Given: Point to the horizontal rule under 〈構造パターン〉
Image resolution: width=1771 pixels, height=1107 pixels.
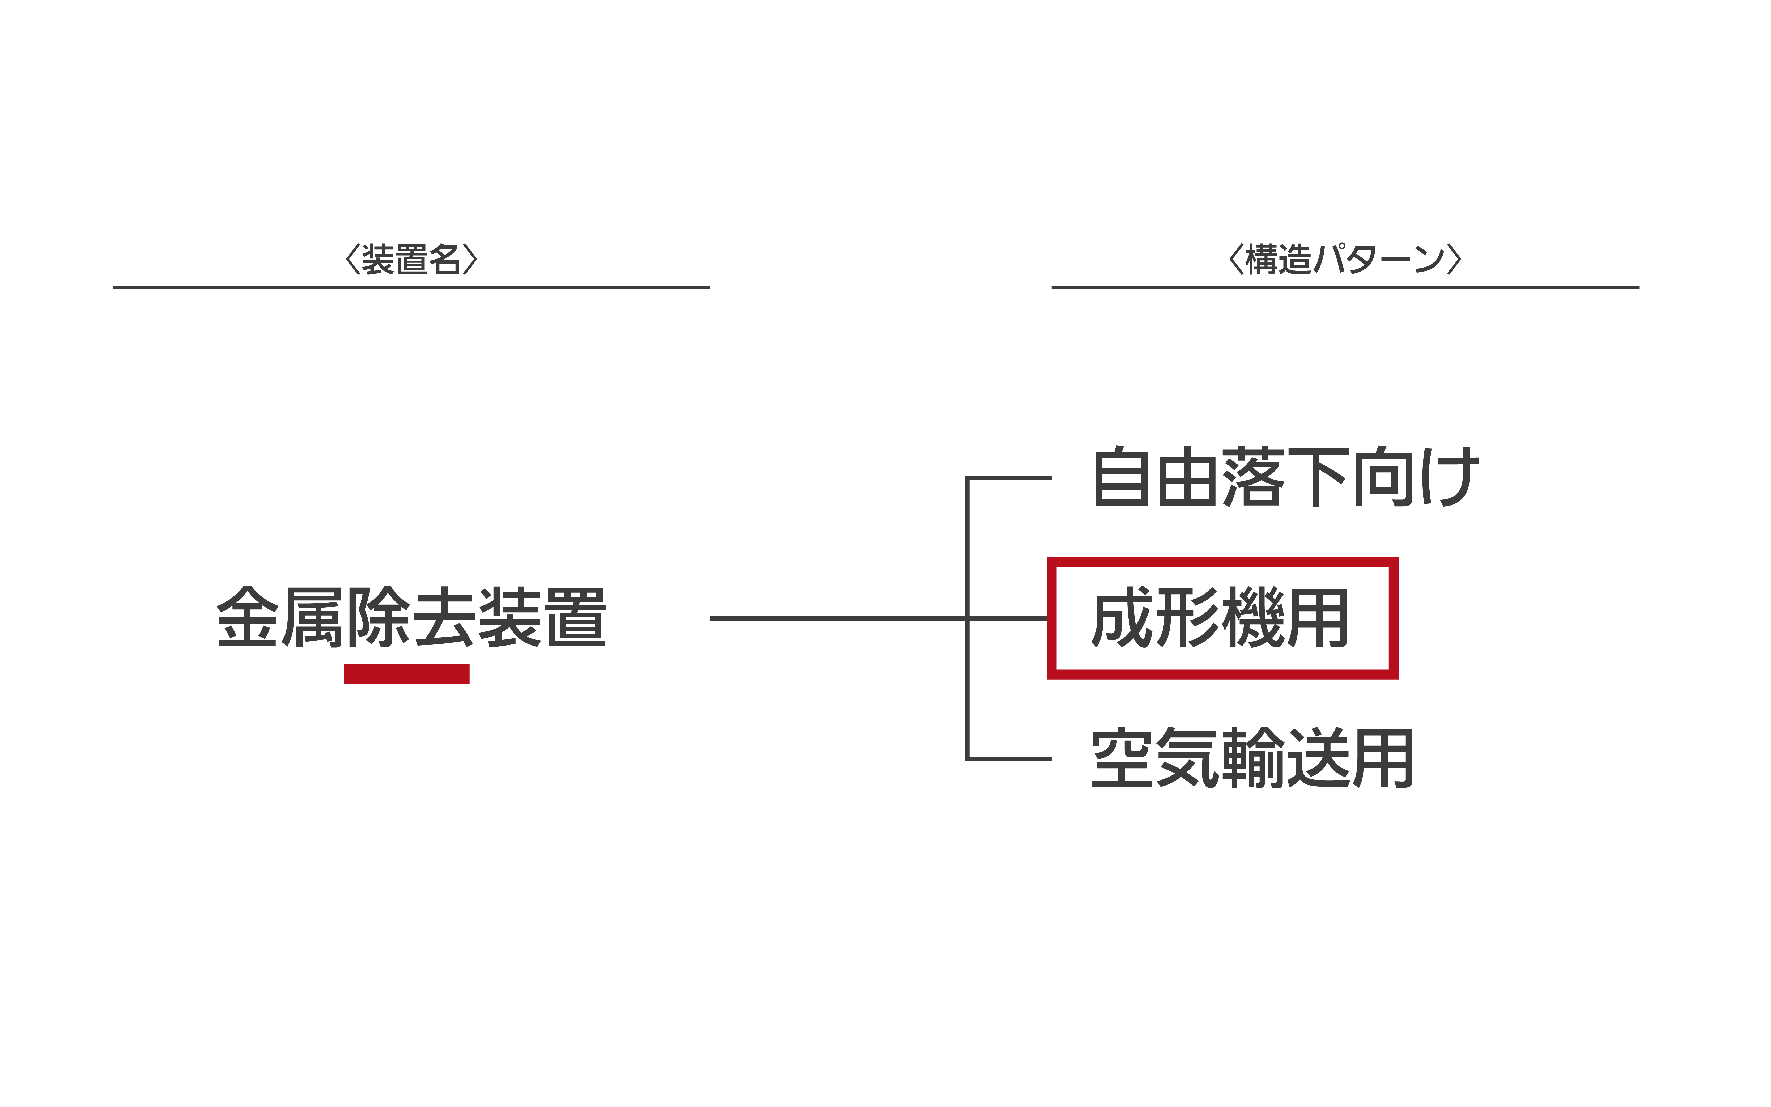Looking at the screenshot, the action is click(x=1345, y=287).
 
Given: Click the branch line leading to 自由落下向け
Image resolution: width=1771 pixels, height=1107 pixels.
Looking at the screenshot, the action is click(x=1008, y=477).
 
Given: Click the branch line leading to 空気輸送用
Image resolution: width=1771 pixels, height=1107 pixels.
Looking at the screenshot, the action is click(x=1008, y=758).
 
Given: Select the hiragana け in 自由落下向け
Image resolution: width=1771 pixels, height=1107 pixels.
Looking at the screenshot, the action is click(x=1450, y=477).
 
